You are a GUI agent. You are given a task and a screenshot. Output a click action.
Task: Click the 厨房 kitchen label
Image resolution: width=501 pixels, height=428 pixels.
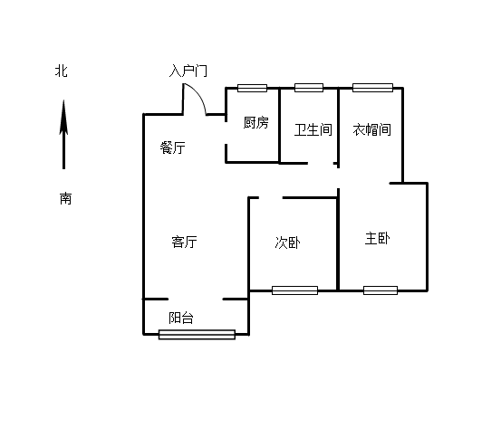255,122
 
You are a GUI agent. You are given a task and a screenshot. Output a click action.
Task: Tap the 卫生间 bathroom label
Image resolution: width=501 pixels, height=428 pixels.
313,130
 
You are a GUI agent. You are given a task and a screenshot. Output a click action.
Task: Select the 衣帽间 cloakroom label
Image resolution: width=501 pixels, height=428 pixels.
372,129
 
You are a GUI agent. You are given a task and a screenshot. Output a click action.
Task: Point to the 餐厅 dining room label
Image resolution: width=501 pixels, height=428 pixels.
172,147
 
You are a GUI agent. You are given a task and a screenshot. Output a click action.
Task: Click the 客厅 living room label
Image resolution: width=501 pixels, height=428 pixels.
184,242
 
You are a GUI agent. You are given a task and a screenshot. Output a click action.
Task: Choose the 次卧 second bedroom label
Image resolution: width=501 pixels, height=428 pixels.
287,243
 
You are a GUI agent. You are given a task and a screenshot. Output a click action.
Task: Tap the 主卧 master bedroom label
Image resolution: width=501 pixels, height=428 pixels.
378,238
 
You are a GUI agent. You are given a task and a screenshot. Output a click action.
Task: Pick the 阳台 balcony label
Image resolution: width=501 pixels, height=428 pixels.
181,318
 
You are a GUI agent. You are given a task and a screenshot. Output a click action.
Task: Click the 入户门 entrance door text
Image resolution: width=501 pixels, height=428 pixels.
188,71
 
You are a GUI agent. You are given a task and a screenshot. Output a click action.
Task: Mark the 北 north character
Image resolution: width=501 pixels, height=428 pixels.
61,71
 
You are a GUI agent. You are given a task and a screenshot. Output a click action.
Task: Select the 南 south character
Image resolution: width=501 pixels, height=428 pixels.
65,198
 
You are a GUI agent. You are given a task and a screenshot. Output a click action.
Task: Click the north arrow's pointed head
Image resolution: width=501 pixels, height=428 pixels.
63,100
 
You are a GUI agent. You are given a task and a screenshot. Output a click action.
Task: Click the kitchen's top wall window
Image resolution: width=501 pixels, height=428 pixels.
252,88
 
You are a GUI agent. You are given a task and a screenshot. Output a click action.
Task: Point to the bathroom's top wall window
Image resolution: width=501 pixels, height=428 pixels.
309,88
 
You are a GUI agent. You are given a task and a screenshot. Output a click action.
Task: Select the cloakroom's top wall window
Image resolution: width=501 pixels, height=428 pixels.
372,88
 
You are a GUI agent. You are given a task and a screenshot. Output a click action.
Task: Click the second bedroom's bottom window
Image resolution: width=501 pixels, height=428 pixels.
295,290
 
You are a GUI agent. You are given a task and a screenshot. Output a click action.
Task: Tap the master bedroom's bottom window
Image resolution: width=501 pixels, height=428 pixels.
381,290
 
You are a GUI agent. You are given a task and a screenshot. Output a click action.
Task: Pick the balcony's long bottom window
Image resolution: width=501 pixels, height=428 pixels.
198,335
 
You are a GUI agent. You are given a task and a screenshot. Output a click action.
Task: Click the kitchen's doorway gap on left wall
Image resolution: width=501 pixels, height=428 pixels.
226,133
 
